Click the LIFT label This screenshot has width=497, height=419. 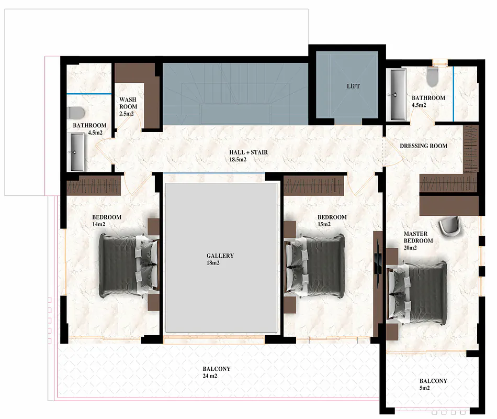click(x=353, y=86)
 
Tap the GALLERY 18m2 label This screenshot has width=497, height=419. click(x=220, y=259)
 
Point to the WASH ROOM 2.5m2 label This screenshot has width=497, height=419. click(x=128, y=107)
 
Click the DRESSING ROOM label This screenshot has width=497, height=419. click(x=423, y=146)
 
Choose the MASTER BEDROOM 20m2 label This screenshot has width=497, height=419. click(x=418, y=240)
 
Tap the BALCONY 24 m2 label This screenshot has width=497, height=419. click(x=217, y=372)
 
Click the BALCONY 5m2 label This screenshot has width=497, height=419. click(x=433, y=384)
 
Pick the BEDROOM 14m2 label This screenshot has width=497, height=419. click(x=107, y=220)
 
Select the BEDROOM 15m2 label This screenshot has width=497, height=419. click(x=332, y=220)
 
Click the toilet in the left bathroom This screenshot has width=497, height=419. click(x=76, y=113)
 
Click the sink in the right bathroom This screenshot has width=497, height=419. click(x=398, y=94)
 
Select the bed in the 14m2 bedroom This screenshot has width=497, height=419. click(x=129, y=266)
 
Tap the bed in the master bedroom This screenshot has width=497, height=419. click(x=417, y=292)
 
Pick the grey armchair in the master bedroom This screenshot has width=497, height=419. click(x=449, y=226)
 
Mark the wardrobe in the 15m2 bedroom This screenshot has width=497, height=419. click(x=314, y=186)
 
